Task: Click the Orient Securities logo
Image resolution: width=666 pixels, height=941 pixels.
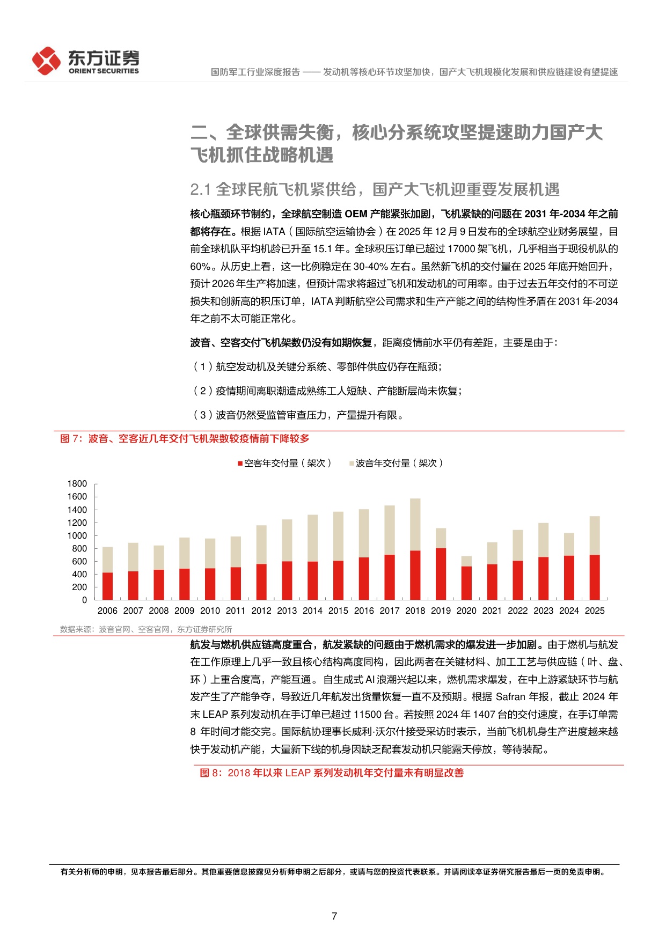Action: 85,61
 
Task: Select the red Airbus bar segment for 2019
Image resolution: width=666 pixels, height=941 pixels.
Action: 441,574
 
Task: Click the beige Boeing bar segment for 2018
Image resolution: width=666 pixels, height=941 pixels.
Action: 415,524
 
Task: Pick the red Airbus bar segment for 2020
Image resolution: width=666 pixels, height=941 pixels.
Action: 466,583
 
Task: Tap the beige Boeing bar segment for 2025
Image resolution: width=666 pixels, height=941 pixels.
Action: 595,535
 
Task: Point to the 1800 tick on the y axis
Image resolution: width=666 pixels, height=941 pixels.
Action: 77,484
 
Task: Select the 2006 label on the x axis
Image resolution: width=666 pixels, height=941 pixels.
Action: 107,611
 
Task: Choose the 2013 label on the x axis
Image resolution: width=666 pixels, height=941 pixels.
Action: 287,611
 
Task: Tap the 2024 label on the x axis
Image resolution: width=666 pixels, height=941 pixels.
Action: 569,611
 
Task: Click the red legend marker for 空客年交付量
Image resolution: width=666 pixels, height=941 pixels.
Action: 240,464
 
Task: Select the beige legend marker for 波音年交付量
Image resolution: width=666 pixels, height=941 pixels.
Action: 352,464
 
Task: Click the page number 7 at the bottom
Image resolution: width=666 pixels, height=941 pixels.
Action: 334,916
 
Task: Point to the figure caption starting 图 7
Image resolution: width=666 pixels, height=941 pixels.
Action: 185,439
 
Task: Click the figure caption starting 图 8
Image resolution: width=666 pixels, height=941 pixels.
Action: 332,773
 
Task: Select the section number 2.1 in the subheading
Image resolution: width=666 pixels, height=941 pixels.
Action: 200,189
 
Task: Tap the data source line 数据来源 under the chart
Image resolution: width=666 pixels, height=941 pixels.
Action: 146,629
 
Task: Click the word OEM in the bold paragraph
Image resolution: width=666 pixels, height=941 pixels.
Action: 356,214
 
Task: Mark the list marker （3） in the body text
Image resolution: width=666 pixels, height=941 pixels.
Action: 202,415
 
